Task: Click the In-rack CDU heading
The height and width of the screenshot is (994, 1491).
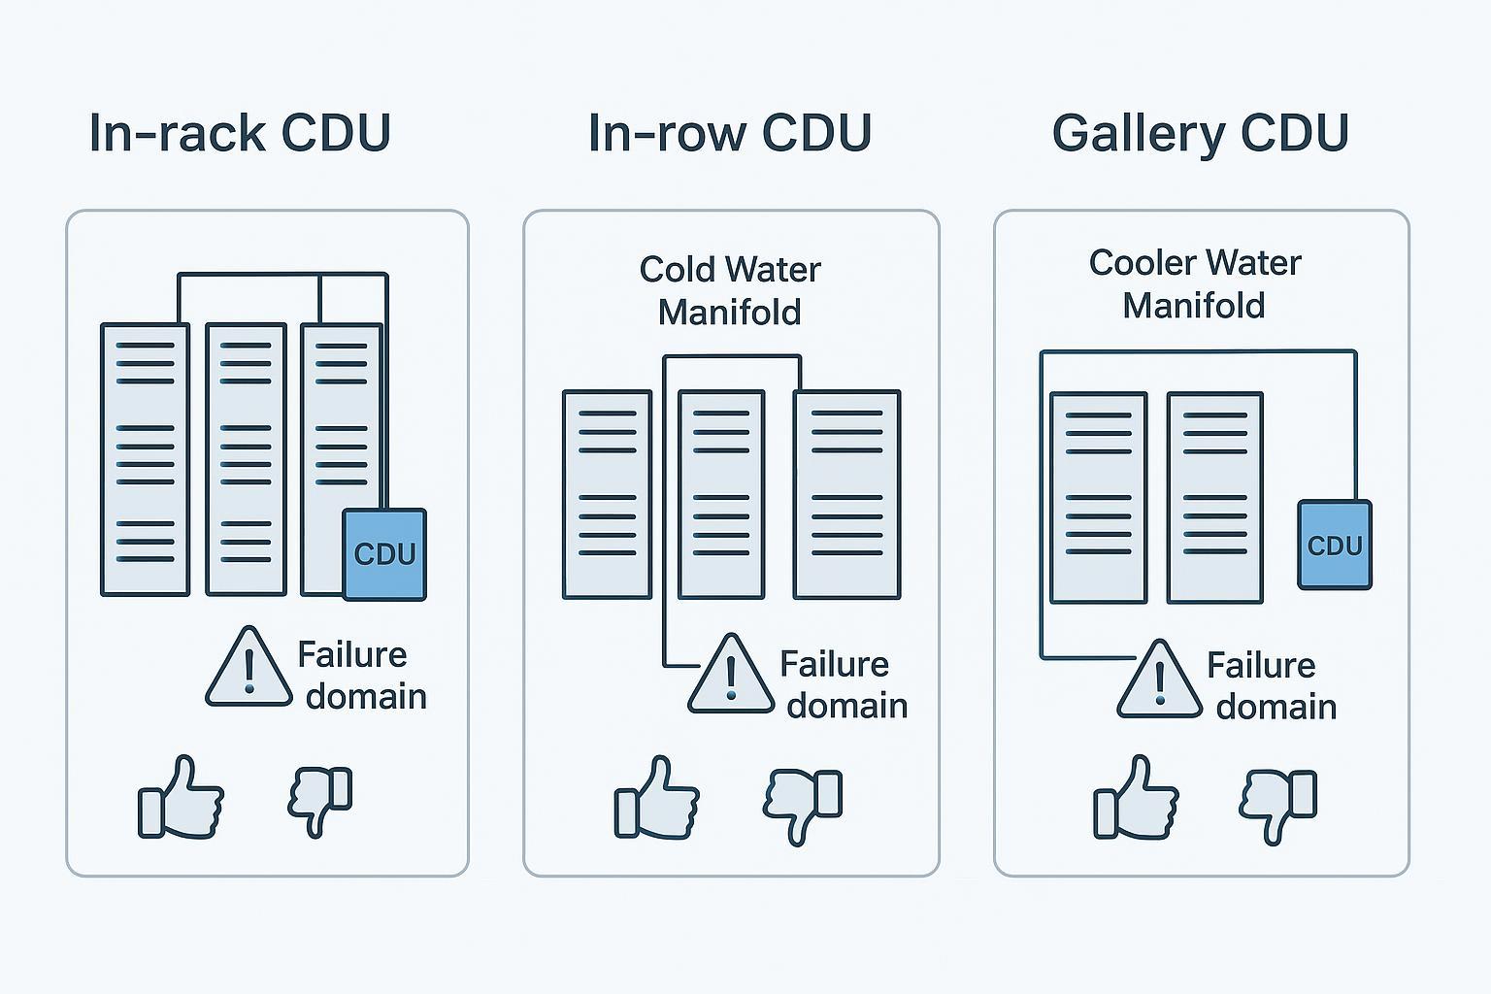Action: click(x=240, y=133)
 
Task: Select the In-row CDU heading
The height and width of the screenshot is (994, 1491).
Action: click(x=730, y=133)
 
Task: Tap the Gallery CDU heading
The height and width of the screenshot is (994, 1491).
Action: click(x=1201, y=133)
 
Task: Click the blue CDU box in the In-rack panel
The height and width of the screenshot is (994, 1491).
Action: click(x=384, y=554)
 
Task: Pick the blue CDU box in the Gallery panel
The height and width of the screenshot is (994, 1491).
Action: click(x=1335, y=546)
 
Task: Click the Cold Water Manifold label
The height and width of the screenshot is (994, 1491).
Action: click(x=730, y=290)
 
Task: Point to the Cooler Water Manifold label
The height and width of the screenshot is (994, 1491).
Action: click(x=1194, y=283)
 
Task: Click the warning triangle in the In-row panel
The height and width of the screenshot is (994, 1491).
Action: click(x=731, y=677)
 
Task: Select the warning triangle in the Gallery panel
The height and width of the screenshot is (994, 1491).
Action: click(x=1160, y=681)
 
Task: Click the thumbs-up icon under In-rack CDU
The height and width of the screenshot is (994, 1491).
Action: click(x=182, y=799)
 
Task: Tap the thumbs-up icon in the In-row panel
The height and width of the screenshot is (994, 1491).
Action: click(x=657, y=799)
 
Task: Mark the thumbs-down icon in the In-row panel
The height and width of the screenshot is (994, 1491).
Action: click(x=803, y=805)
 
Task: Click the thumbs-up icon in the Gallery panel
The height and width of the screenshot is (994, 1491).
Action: click(x=1136, y=799)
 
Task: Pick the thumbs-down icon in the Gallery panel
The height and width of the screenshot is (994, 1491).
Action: click(x=1277, y=804)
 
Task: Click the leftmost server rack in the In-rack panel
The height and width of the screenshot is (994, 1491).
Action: click(x=145, y=459)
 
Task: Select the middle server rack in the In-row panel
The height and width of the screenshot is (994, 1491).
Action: click(x=721, y=494)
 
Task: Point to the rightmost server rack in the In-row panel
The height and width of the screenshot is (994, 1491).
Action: click(x=846, y=494)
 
